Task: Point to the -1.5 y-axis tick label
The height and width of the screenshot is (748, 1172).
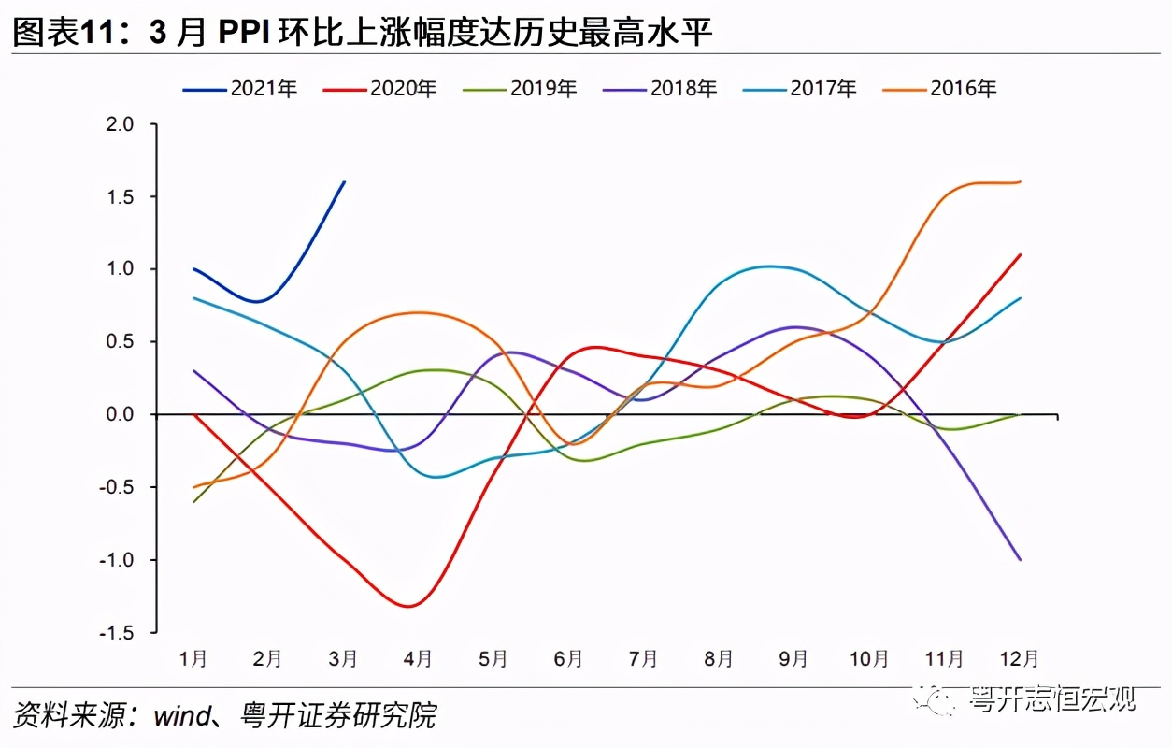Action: (118, 633)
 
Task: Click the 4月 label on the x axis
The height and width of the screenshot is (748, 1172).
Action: (418, 659)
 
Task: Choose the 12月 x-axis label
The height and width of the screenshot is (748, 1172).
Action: (1019, 659)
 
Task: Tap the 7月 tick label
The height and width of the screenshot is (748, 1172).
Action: (643, 659)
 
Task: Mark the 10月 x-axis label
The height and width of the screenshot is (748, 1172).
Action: (868, 659)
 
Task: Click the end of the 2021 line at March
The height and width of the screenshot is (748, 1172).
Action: (344, 181)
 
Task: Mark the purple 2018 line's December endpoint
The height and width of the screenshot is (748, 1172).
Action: (1020, 559)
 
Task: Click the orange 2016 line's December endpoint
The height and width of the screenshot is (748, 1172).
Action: (1020, 181)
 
